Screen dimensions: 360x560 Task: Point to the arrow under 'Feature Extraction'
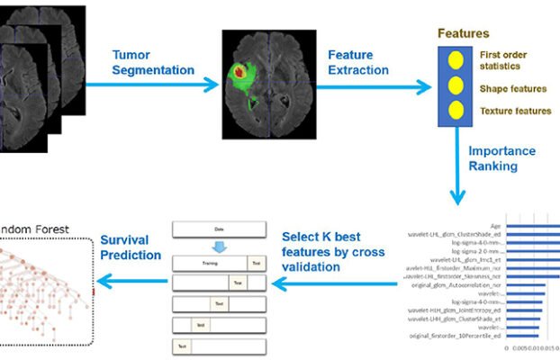coord(369,86)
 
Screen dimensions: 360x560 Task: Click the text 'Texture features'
coord(515,112)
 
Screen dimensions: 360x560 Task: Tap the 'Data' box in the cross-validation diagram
coord(220,229)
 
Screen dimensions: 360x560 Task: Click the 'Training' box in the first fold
coord(209,263)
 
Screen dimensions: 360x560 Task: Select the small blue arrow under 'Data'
coord(220,245)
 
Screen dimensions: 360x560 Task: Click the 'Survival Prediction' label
coord(131,248)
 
